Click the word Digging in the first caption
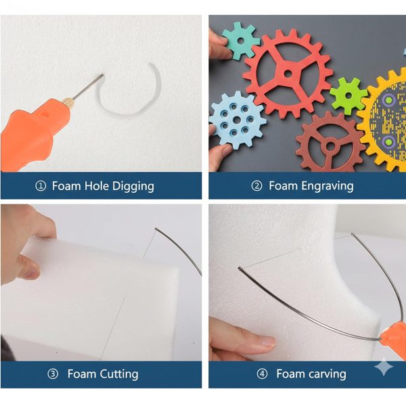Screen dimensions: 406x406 pyautogui.click(x=133, y=187)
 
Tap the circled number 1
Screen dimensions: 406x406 pyautogui.click(x=41, y=186)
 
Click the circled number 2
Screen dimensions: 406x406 pyautogui.click(x=256, y=186)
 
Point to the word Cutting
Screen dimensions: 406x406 pyautogui.click(x=119, y=374)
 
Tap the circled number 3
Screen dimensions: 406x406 pyautogui.click(x=53, y=374)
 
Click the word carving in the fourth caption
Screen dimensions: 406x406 pyautogui.click(x=327, y=374)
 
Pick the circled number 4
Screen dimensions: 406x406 pyautogui.click(x=262, y=374)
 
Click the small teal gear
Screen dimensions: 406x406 pyautogui.click(x=240, y=41)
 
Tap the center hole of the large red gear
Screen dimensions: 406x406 pyautogui.click(x=288, y=74)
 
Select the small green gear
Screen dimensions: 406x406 pyautogui.click(x=348, y=95)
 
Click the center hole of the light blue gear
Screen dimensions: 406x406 pyautogui.click(x=237, y=120)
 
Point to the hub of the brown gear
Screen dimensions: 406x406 pyautogui.click(x=330, y=145)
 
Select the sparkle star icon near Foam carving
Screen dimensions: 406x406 pyautogui.click(x=384, y=367)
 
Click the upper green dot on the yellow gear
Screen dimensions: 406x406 pyautogui.click(x=388, y=99)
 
